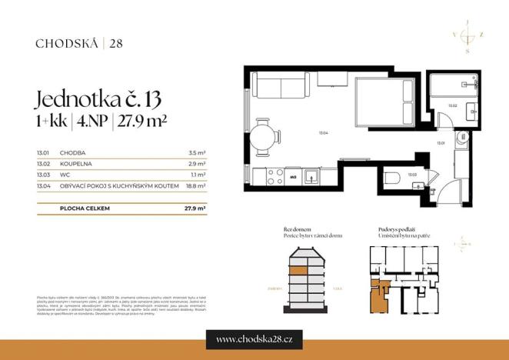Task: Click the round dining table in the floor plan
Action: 264,138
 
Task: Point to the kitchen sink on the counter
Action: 311,176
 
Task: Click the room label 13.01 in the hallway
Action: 441,143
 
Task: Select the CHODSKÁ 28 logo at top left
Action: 79,43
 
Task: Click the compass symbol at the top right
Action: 466,36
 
